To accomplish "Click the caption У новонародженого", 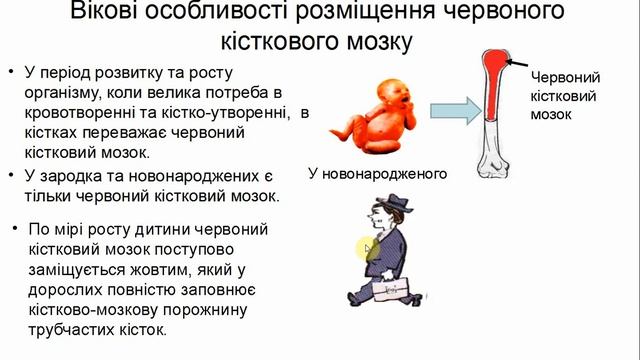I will (375, 173).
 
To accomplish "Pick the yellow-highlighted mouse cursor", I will (368, 249).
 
